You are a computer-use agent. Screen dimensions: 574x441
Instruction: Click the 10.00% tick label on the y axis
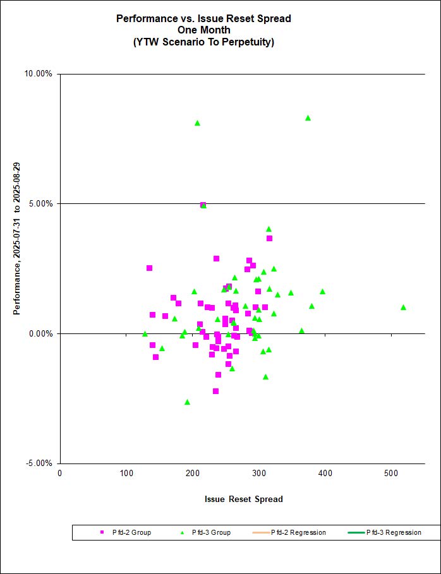pyautogui.click(x=40, y=74)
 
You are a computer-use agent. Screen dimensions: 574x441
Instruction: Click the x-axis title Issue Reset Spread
pyautogui.click(x=243, y=499)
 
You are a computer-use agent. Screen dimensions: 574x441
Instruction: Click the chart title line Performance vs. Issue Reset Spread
pyautogui.click(x=203, y=18)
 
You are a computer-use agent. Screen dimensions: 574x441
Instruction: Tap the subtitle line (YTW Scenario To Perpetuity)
pyautogui.click(x=203, y=42)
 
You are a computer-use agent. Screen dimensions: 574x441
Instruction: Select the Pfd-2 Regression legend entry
pyautogui.click(x=298, y=532)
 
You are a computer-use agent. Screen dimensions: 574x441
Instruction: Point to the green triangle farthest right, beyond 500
pyautogui.click(x=403, y=308)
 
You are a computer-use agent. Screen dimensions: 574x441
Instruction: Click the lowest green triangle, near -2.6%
pyautogui.click(x=187, y=402)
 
